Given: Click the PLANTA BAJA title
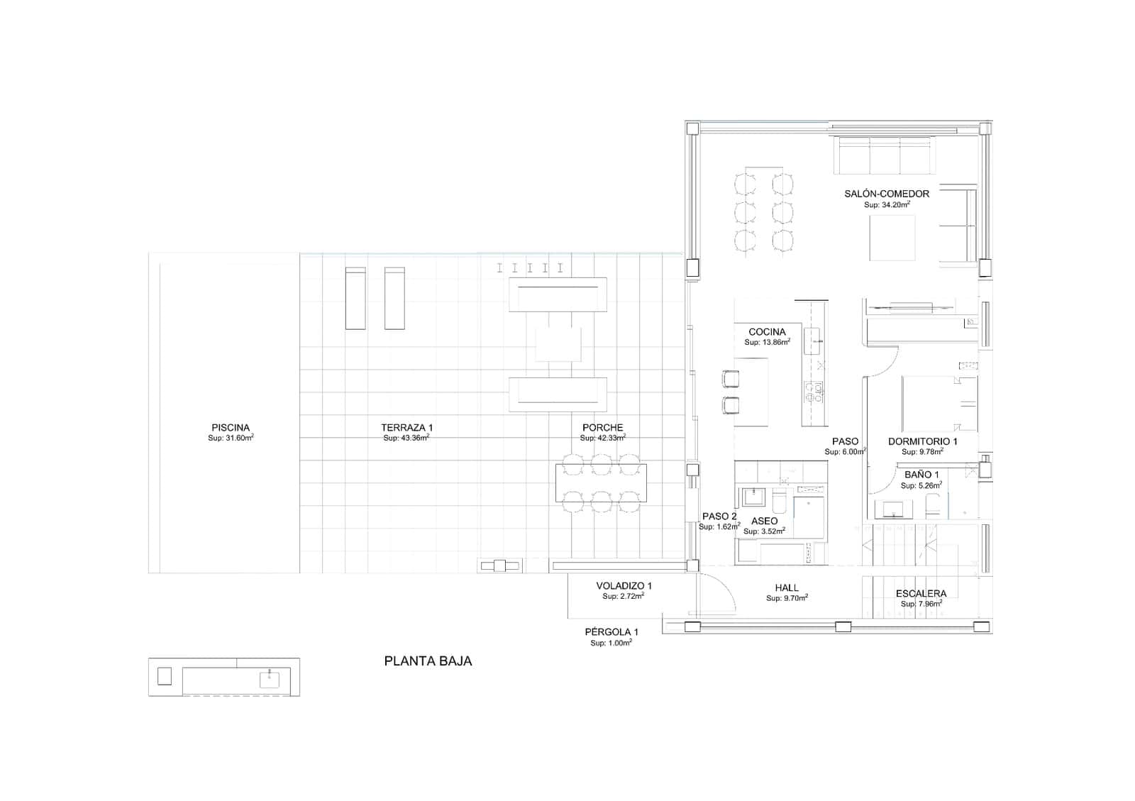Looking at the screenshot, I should [x=428, y=661].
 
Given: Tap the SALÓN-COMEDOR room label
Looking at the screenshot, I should [x=886, y=194].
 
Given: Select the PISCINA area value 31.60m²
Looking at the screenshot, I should [x=231, y=438].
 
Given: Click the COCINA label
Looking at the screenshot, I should [x=767, y=332].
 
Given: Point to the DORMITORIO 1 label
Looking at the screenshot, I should [x=922, y=441].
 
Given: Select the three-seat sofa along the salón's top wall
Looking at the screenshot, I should [x=885, y=155].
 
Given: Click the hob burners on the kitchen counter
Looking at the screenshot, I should [x=813, y=392].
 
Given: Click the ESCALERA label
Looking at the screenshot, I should [x=921, y=594].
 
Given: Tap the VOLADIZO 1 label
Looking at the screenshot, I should [x=624, y=586].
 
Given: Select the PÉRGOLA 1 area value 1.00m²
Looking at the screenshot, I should [x=611, y=643].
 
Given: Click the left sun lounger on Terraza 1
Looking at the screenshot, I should [x=355, y=298].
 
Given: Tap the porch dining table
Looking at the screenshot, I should [x=601, y=483].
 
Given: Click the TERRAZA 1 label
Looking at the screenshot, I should [x=406, y=428].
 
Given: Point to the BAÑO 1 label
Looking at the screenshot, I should [x=921, y=475].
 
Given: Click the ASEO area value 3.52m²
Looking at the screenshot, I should [x=764, y=531].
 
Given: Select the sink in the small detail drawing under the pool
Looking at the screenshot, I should [x=270, y=679].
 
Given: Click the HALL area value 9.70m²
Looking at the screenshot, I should [x=787, y=598].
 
